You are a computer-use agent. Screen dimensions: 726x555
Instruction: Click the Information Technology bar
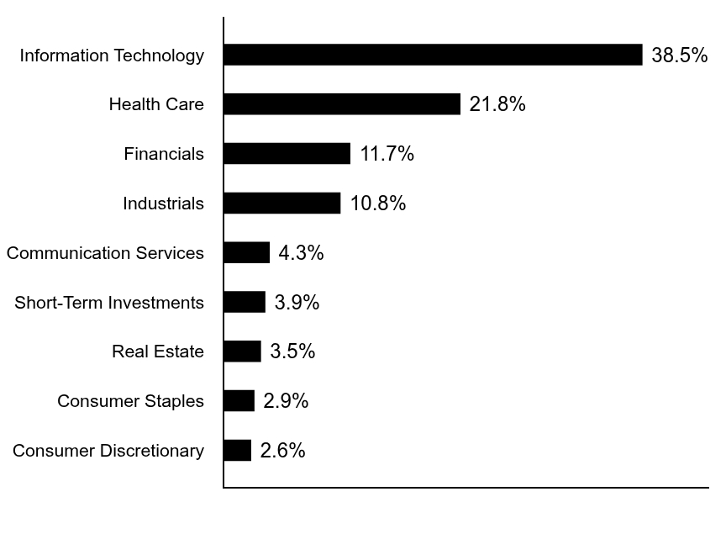tap(433, 55)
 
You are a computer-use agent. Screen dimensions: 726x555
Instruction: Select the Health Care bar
tap(342, 103)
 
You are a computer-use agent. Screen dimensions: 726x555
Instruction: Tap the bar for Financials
tap(287, 153)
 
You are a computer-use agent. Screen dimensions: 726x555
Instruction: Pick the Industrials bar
tap(282, 203)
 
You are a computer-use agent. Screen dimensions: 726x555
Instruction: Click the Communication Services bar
tap(247, 252)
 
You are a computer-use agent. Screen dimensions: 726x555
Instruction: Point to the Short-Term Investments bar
tap(245, 302)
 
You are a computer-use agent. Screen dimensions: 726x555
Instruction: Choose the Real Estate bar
tap(242, 351)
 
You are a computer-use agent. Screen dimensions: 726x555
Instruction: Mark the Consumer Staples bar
tap(239, 401)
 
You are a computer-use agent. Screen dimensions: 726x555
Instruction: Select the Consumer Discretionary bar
tap(238, 450)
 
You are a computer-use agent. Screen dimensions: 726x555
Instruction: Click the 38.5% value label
tap(680, 55)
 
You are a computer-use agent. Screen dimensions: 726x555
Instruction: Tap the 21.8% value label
tap(497, 104)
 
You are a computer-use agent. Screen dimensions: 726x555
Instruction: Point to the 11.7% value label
tap(387, 154)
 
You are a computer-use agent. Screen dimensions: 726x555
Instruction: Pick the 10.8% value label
tap(378, 203)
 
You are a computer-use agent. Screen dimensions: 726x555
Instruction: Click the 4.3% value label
tap(302, 253)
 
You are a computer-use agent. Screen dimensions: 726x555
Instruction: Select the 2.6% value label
tap(283, 451)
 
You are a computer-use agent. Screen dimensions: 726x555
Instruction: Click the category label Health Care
tap(156, 104)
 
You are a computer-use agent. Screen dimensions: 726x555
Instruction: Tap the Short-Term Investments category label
tap(109, 303)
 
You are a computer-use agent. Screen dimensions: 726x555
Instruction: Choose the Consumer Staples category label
tap(130, 401)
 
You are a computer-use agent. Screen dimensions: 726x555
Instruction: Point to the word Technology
tap(159, 55)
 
